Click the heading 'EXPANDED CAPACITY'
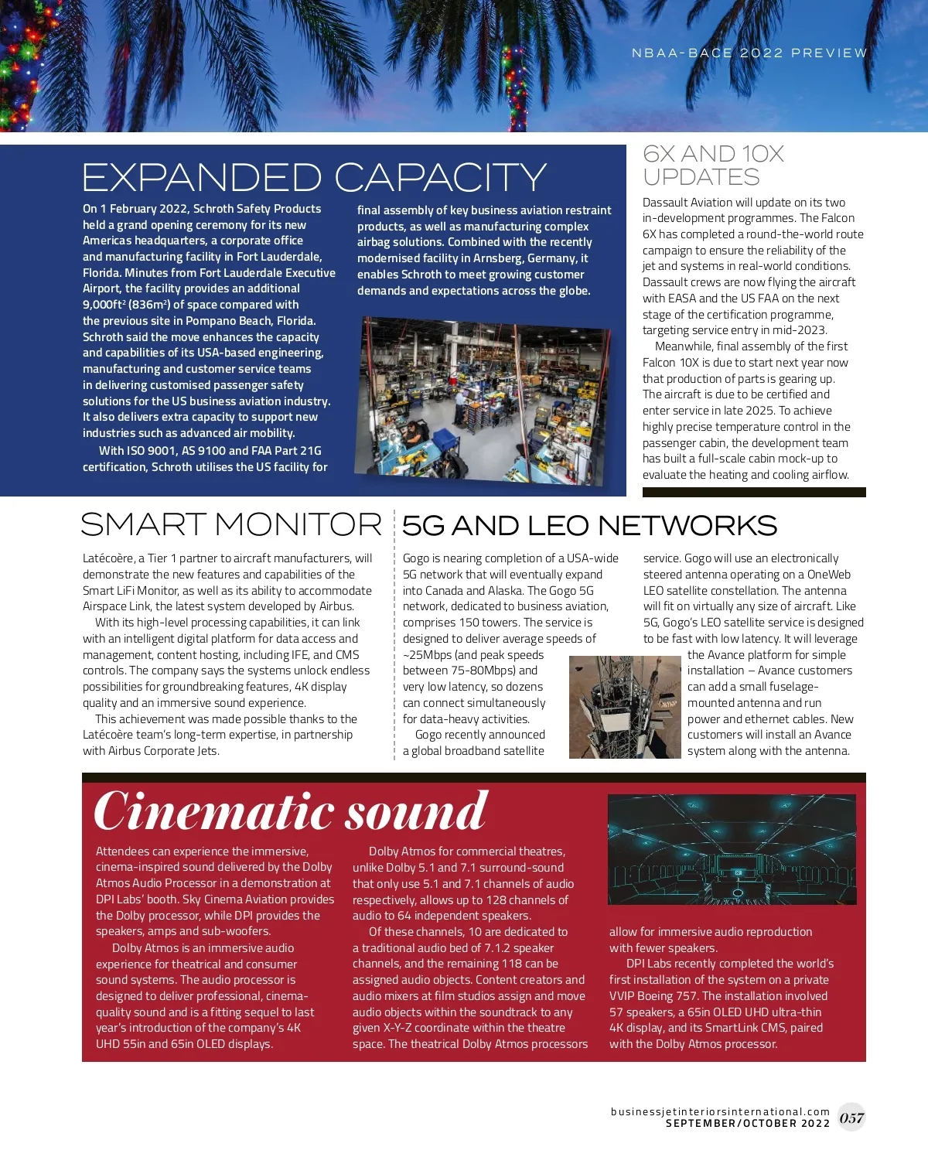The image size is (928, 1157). (314, 178)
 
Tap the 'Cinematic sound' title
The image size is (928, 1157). (291, 811)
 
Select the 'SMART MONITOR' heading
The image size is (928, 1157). (231, 525)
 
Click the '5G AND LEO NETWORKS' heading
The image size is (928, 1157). (589, 526)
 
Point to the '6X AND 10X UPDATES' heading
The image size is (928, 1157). (713, 166)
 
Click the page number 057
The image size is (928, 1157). (851, 1118)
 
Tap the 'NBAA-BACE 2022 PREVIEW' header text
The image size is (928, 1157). (749, 53)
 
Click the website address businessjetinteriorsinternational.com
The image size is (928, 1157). (720, 1111)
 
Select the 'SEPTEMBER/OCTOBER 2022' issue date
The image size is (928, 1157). (747, 1124)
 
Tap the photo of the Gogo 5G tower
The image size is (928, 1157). (625, 707)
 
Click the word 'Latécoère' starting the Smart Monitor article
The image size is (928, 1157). (107, 558)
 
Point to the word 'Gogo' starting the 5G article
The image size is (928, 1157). (416, 558)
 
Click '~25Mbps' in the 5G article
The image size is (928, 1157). (428, 655)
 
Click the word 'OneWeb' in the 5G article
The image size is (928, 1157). (828, 575)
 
